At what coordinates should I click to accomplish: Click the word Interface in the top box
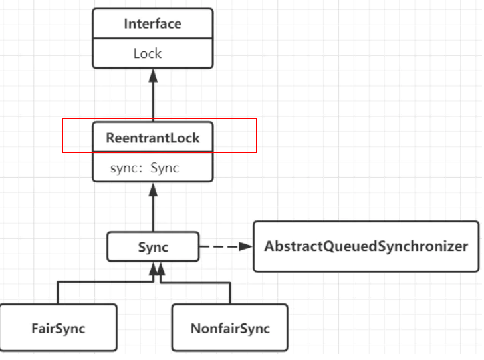pos(152,24)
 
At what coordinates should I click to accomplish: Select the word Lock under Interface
pos(147,53)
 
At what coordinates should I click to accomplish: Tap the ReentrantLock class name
pos(152,138)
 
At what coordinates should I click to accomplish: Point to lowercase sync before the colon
pos(126,168)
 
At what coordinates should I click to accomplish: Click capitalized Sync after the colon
pos(165,168)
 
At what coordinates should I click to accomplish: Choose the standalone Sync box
pos(153,247)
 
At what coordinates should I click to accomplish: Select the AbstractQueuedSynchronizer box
pos(366,246)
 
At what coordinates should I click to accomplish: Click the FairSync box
pos(59,328)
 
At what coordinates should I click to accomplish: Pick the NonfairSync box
pos(230,328)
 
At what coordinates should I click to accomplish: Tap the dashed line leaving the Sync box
pos(219,246)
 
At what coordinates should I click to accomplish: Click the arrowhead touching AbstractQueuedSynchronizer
pos(246,246)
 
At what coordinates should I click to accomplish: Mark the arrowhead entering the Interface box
pos(153,75)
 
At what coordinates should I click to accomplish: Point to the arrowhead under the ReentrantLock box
pos(153,189)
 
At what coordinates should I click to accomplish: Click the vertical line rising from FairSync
pos(58,293)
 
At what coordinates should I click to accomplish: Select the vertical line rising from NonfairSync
pos(230,293)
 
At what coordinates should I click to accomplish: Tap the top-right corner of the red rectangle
pos(257,119)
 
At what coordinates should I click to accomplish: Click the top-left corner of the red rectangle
pos(62,119)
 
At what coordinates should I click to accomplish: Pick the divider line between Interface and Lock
pos(152,39)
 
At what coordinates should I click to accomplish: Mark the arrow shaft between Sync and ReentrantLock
pos(153,213)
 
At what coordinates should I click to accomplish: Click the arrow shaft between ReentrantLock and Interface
pos(153,100)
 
